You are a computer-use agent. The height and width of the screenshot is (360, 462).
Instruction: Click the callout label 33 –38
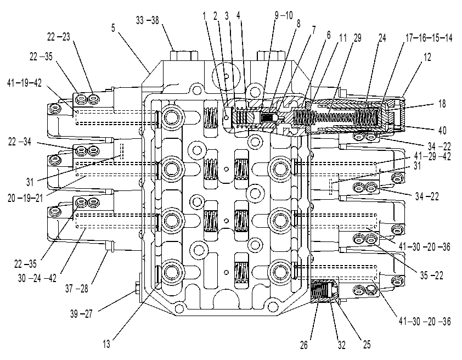point(147,21)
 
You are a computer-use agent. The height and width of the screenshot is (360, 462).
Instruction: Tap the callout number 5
point(114,28)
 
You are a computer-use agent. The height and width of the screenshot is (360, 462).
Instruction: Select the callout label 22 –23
point(59,37)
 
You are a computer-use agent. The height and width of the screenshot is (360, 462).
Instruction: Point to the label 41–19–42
point(25,83)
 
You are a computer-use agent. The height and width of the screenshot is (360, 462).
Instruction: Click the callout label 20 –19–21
point(25,198)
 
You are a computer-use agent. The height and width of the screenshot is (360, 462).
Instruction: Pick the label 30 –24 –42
point(37,278)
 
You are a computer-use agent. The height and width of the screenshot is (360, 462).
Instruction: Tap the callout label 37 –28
point(77,289)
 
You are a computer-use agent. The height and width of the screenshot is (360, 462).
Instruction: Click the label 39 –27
point(82,314)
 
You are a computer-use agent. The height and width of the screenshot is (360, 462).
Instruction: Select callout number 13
point(106,344)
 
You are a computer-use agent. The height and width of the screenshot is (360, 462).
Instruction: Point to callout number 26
point(304,345)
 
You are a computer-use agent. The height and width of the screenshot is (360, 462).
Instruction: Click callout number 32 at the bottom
point(341,345)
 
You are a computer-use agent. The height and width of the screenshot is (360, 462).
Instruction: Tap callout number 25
point(367,345)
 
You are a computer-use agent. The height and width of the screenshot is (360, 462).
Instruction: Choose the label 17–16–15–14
point(429,38)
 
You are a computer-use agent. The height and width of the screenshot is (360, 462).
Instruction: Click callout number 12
point(427,57)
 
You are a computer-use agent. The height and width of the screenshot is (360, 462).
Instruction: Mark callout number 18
point(442,104)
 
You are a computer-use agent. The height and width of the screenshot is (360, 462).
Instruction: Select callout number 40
point(442,130)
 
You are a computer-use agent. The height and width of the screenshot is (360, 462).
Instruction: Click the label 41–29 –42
point(432,156)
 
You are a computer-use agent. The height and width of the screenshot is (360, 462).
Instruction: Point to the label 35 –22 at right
point(432,275)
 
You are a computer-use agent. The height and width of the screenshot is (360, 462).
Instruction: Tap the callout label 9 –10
point(284,15)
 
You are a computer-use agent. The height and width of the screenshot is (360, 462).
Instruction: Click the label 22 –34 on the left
point(19,142)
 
